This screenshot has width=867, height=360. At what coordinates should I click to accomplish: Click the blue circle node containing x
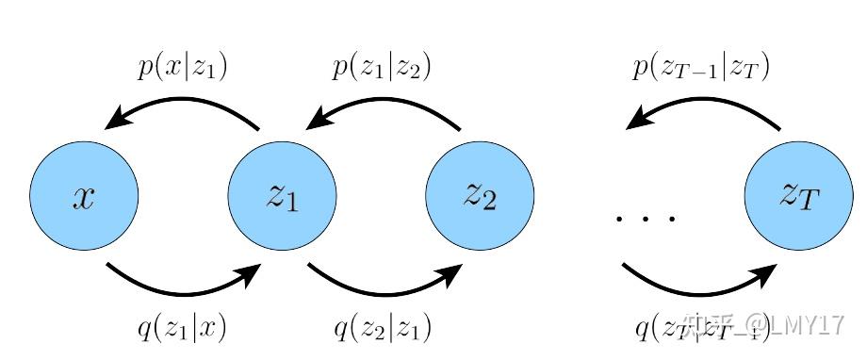coord(84,196)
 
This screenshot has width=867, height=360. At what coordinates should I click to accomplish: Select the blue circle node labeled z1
coord(282,196)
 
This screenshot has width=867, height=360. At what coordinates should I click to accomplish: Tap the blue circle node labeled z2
coord(480,196)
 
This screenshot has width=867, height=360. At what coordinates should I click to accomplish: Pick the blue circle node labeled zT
coord(798,196)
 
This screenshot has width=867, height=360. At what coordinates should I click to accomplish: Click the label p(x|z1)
coord(183,68)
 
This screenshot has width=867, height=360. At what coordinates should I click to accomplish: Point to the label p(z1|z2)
coord(382,68)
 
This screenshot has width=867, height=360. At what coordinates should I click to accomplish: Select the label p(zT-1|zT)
coord(700,68)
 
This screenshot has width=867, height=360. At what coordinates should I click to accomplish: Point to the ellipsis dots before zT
coord(646,219)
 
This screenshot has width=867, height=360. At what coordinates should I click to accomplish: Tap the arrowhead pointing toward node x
coord(118,120)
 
